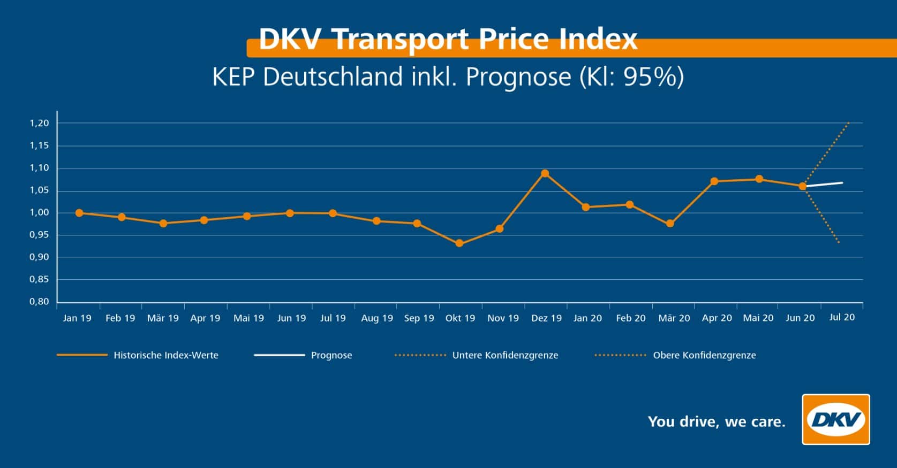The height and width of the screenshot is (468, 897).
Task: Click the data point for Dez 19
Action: (x=545, y=173)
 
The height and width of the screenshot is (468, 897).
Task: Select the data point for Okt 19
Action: (x=459, y=243)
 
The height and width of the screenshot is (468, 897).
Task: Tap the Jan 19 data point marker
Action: (x=79, y=213)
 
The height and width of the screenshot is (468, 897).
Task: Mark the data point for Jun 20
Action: (x=802, y=186)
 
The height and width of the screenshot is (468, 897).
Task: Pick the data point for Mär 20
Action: (x=670, y=224)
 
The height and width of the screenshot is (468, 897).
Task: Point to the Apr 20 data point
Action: (x=714, y=181)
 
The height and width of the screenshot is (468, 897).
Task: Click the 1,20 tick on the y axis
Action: (x=39, y=123)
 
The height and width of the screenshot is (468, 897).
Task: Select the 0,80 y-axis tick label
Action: (x=39, y=302)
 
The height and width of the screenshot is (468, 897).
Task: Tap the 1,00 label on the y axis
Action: (x=39, y=213)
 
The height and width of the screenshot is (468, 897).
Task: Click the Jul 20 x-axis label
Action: (x=842, y=317)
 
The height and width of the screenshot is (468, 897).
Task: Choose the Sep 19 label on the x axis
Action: (x=419, y=318)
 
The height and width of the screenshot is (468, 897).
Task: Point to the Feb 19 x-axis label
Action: (x=120, y=318)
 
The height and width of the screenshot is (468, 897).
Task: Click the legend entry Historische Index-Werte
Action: (x=165, y=355)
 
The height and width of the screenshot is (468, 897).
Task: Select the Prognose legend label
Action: (x=331, y=355)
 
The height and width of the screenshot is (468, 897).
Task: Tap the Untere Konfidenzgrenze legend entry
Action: (x=505, y=355)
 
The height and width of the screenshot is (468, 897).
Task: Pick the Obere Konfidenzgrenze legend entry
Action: (x=704, y=355)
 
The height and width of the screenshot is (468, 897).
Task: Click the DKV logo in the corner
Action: (x=835, y=419)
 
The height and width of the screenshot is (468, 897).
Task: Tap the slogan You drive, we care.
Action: (x=716, y=422)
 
